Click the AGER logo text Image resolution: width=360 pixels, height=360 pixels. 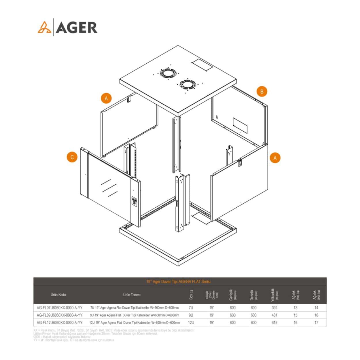pos(77,28)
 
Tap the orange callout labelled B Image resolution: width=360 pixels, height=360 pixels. pos(262,92)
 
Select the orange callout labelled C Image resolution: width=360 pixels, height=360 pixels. pos(72,157)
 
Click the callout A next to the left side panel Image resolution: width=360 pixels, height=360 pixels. pos(106,98)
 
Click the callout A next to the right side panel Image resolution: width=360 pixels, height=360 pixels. pos(275,158)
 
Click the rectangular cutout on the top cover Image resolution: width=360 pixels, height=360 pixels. pos(202,65)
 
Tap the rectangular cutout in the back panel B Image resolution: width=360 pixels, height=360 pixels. pos(240,125)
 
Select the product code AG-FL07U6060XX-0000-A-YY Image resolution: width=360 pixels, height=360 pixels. pos(60,308)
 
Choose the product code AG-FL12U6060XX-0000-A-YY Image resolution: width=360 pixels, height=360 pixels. pos(60,323)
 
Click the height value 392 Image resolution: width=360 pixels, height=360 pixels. pos(274,308)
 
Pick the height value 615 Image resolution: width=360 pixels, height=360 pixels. pos(274,323)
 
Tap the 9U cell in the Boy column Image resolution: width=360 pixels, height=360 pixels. pos(191,315)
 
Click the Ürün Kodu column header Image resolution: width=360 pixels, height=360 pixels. pos(58,295)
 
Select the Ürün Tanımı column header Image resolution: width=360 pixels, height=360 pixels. pos(132,295)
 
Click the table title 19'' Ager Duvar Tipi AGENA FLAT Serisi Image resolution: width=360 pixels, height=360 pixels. pos(179,281)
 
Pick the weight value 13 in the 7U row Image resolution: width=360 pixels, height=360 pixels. pos(295,308)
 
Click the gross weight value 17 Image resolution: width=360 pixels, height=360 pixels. pos(316,323)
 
